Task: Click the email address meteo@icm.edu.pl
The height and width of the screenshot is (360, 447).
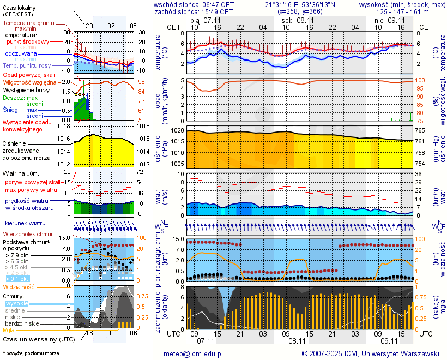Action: [194, 353]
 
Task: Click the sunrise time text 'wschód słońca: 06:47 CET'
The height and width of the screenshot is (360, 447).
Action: [194, 4]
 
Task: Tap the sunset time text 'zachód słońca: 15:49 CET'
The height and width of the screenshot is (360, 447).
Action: [194, 11]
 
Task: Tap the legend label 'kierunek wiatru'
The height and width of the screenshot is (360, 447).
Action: [25, 224]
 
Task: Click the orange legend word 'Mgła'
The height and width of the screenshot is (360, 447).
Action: [9, 330]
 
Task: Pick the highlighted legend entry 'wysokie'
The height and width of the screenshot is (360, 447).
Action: [16, 303]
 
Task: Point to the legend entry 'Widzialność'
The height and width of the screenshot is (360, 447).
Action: [19, 286]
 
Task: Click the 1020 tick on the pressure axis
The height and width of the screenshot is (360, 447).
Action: [177, 131]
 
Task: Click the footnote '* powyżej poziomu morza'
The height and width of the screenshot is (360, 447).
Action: [31, 353]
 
